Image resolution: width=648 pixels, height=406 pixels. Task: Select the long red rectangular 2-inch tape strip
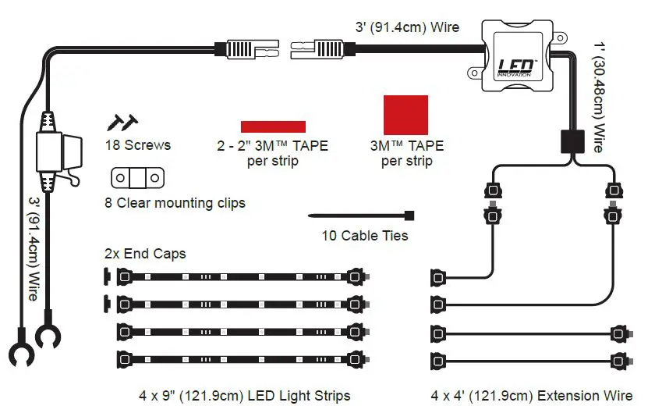[273, 126]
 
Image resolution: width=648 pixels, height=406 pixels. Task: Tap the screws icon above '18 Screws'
[122, 122]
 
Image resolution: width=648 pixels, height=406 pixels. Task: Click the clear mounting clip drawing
[138, 178]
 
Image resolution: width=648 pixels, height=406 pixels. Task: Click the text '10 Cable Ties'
[365, 235]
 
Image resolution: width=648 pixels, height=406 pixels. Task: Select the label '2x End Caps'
[145, 255]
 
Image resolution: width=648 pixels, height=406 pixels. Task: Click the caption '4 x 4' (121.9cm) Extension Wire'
[531, 395]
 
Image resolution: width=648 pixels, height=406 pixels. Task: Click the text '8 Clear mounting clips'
[175, 203]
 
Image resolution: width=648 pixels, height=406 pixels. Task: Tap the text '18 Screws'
[138, 145]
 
